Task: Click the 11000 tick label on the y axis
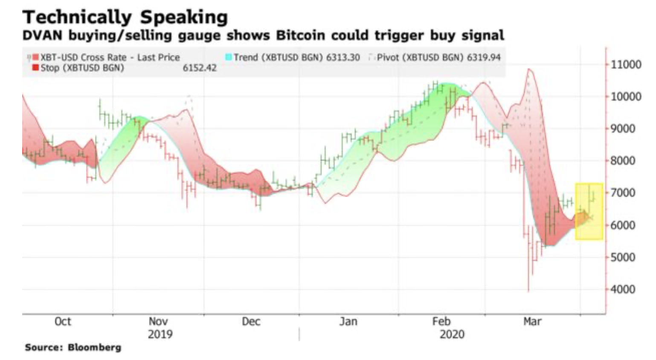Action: [626, 64]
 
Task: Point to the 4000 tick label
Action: [623, 289]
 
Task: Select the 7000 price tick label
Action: [623, 193]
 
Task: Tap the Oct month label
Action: [63, 321]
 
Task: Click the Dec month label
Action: [251, 321]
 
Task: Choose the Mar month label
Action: [532, 321]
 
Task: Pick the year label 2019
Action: [160, 334]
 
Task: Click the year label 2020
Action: [452, 334]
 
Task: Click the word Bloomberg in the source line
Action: [94, 348]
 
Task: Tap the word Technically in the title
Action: [77, 17]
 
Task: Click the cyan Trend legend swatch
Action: [229, 57]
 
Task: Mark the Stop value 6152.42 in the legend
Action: [200, 68]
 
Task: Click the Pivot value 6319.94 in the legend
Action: [484, 57]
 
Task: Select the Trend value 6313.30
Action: [343, 57]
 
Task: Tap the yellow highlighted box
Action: [589, 211]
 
